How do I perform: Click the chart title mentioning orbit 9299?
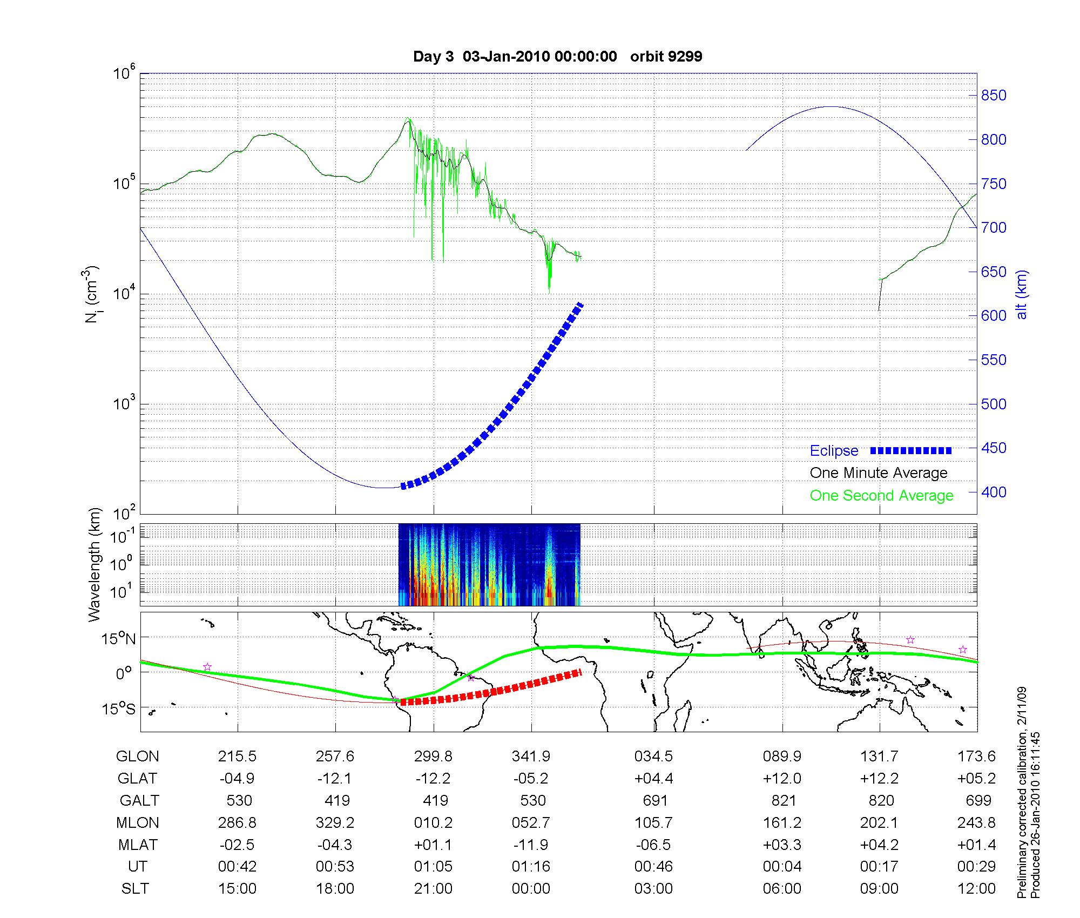tap(557, 57)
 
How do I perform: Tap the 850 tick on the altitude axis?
tap(994, 96)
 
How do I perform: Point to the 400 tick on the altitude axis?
tap(994, 492)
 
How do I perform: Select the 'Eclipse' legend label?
tap(834, 451)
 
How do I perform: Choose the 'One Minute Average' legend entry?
tap(879, 473)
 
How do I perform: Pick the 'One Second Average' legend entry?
tap(881, 496)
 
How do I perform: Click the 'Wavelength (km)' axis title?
tap(94, 564)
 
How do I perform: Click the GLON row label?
tap(137, 757)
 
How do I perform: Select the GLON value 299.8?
tap(433, 757)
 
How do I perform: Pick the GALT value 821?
tap(783, 800)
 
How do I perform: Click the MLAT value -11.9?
tap(531, 845)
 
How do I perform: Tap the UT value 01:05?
tap(433, 867)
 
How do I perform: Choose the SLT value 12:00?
tap(976, 889)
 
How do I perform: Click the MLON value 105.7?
tap(653, 823)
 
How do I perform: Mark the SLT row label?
tap(135, 889)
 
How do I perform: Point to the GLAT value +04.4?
tap(653, 779)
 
